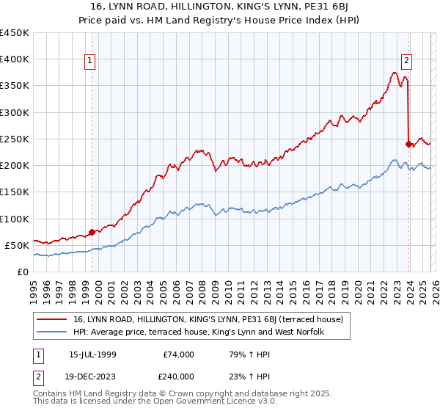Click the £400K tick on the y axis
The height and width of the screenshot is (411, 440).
[x=15, y=59]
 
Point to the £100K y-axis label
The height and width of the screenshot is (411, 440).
[x=15, y=219]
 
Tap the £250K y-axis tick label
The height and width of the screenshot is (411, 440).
[x=15, y=139]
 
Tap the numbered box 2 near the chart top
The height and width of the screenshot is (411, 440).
[x=406, y=62]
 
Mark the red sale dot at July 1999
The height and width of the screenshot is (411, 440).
[x=92, y=232]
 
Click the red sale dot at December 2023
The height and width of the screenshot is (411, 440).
[x=408, y=144]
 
